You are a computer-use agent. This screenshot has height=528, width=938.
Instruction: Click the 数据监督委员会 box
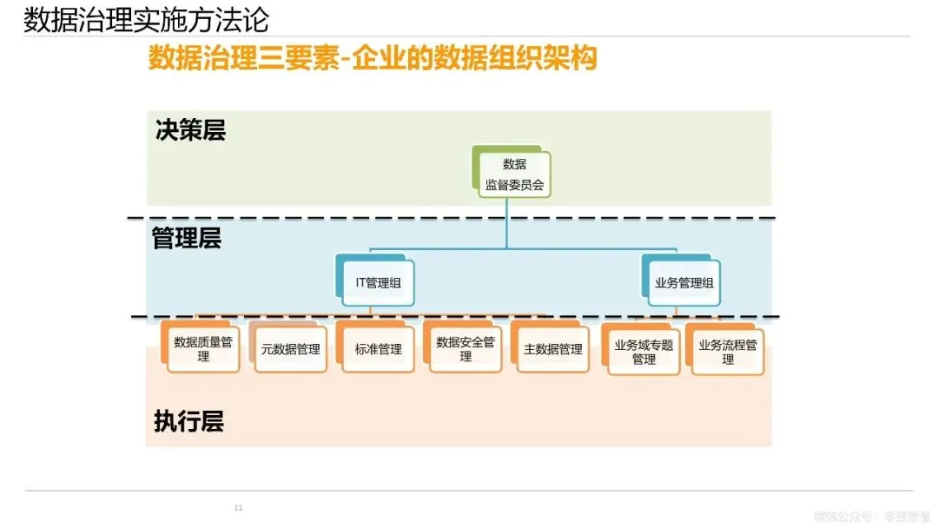[514, 174]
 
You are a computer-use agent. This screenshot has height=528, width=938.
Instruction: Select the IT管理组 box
[378, 282]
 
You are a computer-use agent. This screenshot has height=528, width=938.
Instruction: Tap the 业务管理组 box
[684, 282]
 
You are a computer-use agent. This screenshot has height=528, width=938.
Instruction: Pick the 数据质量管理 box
[203, 349]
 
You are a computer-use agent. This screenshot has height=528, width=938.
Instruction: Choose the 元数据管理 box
[291, 349]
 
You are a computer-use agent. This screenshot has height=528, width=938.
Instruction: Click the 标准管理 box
[379, 349]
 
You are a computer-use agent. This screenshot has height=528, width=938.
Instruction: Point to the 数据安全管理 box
[466, 349]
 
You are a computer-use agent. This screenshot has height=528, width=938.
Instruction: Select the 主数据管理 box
[553, 349]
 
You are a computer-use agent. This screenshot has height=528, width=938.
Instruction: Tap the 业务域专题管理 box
[644, 352]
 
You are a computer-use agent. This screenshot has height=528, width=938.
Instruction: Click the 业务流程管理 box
[728, 352]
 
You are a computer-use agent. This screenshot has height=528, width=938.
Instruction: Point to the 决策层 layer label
[190, 130]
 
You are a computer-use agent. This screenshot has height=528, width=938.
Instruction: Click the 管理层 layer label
[187, 239]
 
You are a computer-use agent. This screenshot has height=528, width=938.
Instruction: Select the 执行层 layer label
[188, 422]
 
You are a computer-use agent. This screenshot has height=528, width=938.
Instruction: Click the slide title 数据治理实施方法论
[146, 19]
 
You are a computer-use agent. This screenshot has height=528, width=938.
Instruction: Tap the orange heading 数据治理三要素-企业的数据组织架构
[373, 59]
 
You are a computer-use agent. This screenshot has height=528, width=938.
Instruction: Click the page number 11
[239, 507]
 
